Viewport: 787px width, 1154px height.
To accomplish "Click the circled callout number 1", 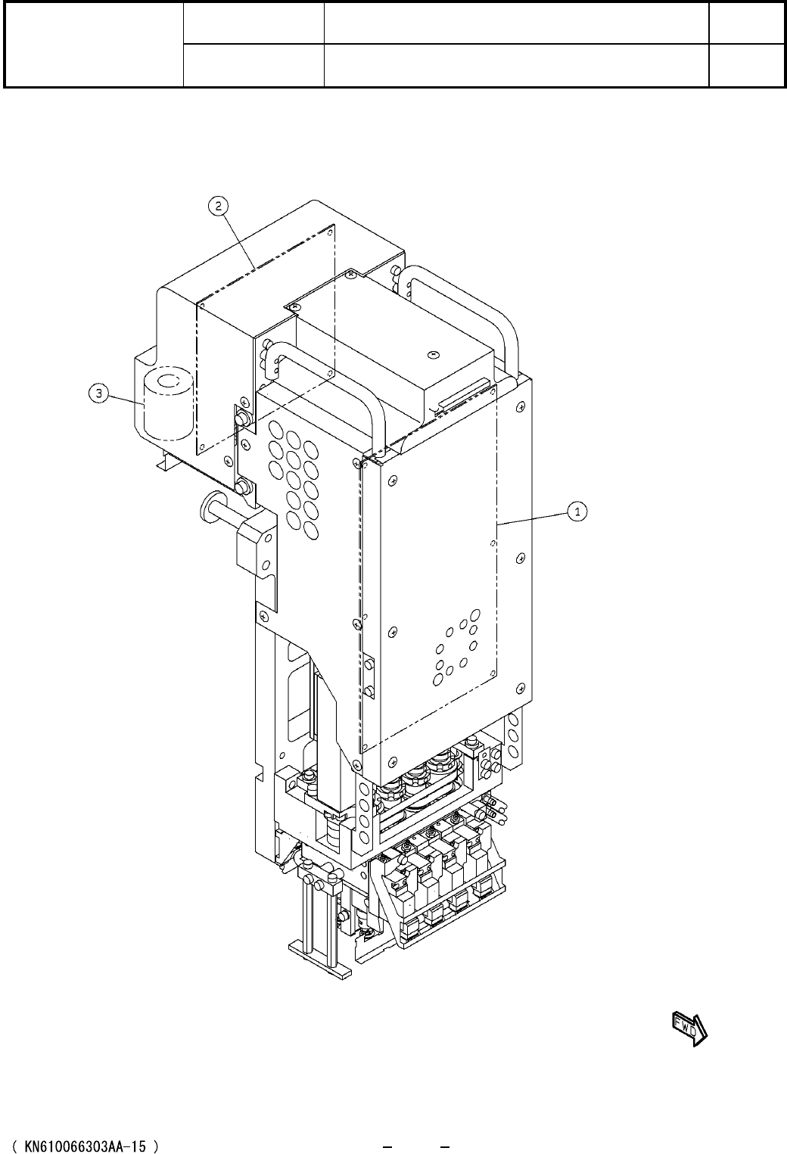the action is pyautogui.click(x=577, y=512).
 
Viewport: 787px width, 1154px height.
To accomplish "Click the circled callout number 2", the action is pyautogui.click(x=219, y=206).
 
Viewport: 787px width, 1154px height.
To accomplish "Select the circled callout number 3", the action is pyautogui.click(x=98, y=394).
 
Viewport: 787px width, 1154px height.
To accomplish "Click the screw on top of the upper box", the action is pyautogui.click(x=434, y=354).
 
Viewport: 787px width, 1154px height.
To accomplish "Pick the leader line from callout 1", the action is pyautogui.click(x=533, y=518).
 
